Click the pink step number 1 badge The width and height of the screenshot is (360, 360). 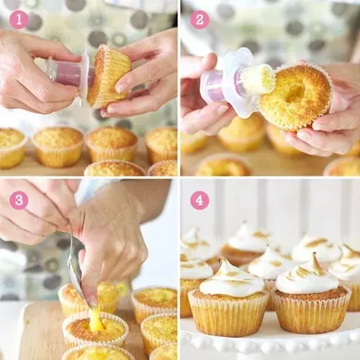(19, 19)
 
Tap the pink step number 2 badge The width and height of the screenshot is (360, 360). (199, 19)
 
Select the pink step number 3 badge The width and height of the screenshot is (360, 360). (19, 199)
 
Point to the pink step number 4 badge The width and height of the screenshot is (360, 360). (199, 199)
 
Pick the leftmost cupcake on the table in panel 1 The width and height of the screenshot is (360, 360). (10, 147)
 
